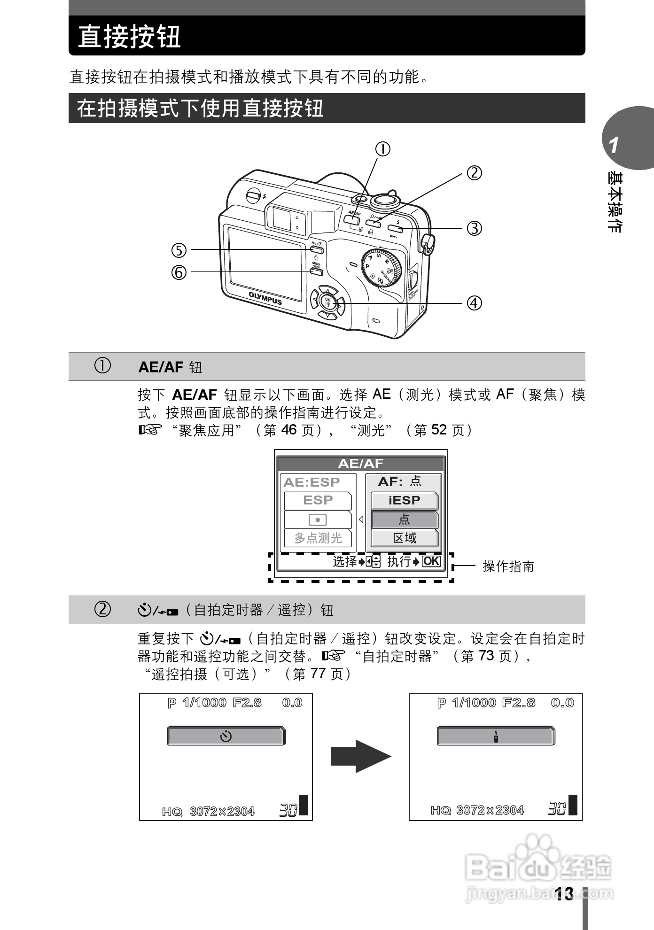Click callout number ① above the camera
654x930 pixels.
point(382,149)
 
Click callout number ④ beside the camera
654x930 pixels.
point(474,303)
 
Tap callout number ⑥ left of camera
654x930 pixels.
point(179,272)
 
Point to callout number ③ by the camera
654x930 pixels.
point(474,228)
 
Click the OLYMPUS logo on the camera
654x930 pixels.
point(265,298)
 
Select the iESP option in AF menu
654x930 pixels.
point(404,501)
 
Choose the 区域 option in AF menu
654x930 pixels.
point(404,538)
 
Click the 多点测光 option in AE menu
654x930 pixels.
point(318,538)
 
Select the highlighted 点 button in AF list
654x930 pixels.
point(404,519)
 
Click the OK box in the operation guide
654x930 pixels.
point(431,561)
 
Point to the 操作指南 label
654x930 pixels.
point(508,566)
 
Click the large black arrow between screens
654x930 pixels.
point(360,756)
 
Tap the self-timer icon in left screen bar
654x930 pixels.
point(226,736)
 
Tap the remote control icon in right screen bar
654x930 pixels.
point(496,736)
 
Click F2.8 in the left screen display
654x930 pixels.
point(247,703)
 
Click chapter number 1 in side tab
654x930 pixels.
point(614,146)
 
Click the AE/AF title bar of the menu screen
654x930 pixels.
point(360,464)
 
